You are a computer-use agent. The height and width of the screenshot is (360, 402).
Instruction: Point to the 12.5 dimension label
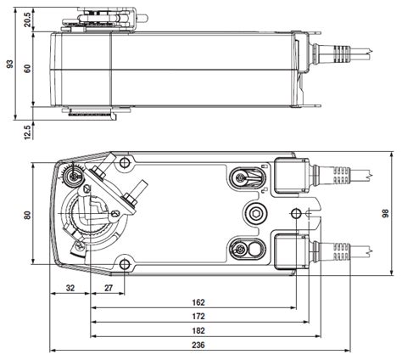(x=27, y=132)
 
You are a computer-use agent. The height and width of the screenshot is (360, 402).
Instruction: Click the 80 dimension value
(x=27, y=217)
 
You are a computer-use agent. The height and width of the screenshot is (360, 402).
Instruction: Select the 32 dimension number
(x=70, y=289)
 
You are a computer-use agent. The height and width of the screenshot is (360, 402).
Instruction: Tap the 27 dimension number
(x=109, y=289)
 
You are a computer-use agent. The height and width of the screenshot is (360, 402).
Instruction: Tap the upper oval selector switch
(x=242, y=177)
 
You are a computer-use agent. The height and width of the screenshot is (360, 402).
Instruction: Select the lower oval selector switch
(x=242, y=248)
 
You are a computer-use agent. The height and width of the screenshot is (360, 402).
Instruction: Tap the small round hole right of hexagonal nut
(x=295, y=211)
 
